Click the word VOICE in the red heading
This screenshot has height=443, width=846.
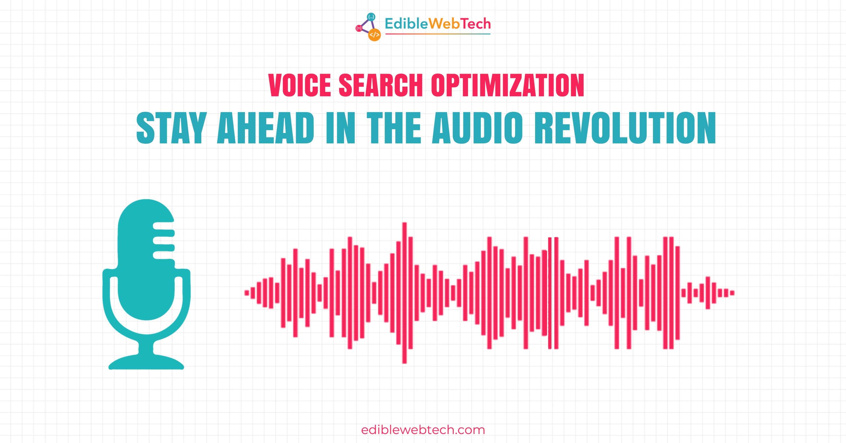click(300, 85)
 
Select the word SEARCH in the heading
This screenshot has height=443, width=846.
click(381, 85)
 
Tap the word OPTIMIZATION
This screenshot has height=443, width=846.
click(508, 85)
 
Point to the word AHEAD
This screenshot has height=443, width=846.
click(266, 128)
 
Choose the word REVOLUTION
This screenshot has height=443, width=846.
click(625, 128)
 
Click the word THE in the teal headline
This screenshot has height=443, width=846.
click(394, 128)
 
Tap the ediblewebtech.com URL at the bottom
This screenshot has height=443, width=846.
click(423, 430)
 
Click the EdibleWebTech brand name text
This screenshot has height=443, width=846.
click(438, 24)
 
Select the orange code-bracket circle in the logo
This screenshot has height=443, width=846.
click(374, 35)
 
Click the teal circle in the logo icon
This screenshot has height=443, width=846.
click(371, 17)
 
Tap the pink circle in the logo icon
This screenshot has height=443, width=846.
click(359, 28)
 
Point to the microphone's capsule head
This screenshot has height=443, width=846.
click(146, 260)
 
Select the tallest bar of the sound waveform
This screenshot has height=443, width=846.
click(404, 293)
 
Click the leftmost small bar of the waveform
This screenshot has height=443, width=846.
click(247, 293)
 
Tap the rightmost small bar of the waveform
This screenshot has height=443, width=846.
click(732, 293)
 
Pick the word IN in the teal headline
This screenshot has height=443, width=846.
click(340, 128)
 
